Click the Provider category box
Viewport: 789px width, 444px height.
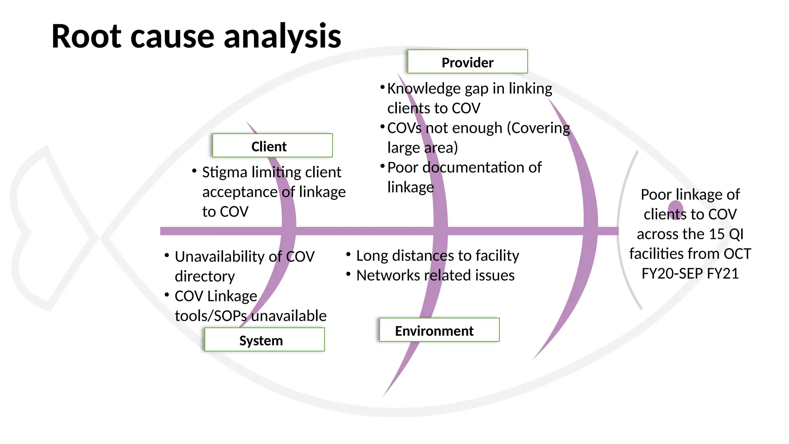click(x=467, y=62)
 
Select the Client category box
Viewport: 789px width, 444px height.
click(x=272, y=146)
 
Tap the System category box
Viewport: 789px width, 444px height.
click(x=264, y=340)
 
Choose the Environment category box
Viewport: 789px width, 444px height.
click(x=439, y=330)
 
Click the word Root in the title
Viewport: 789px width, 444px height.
click(x=86, y=37)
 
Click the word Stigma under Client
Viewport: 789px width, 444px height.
click(x=224, y=172)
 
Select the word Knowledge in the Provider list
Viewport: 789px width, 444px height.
click(x=424, y=89)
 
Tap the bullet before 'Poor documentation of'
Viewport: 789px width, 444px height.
click(x=382, y=166)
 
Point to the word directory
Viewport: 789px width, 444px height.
click(x=205, y=276)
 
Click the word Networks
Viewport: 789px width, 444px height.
click(x=388, y=276)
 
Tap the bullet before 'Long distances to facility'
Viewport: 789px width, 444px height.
click(x=348, y=254)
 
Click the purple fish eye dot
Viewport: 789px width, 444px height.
click(x=675, y=210)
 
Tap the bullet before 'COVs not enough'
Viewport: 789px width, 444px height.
click(x=382, y=126)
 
